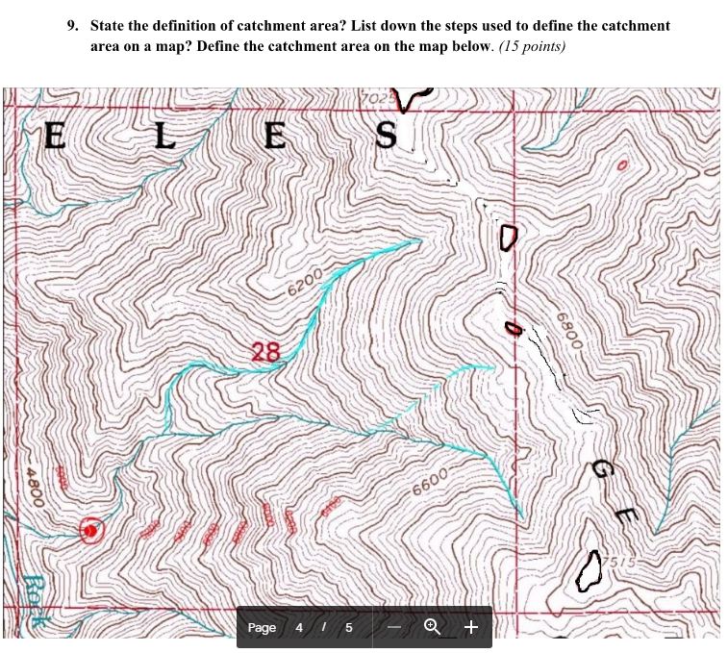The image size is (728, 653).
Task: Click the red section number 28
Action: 266,352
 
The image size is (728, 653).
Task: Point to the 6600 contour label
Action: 430,477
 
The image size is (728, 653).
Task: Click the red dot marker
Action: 89,530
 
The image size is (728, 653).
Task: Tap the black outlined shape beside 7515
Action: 589,570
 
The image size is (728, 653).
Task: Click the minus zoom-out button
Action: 394,627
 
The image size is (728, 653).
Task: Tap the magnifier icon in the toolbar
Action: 432,627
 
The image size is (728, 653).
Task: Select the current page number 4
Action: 299,628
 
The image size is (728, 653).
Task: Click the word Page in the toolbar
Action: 262,628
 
